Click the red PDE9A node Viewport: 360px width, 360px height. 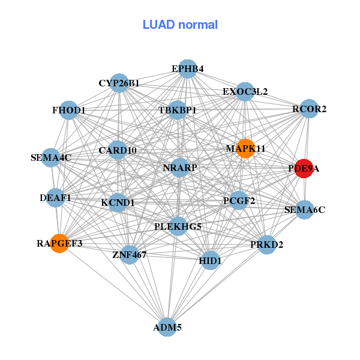[x=304, y=169]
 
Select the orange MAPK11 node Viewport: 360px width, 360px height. [x=245, y=148]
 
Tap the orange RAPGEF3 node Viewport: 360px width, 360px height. [x=59, y=244]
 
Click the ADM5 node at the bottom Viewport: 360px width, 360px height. [x=167, y=327]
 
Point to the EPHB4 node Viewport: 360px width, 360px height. [x=188, y=69]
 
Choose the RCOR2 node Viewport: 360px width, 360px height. [x=309, y=109]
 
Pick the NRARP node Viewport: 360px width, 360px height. [x=180, y=167]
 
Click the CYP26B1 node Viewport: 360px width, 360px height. [x=119, y=83]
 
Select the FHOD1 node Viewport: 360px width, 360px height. [x=69, y=110]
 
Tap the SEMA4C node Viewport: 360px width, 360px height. [x=51, y=158]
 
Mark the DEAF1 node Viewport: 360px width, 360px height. [x=56, y=197]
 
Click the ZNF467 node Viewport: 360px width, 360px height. [x=130, y=255]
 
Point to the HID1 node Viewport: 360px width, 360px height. [x=210, y=261]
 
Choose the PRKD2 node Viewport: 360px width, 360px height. [x=266, y=245]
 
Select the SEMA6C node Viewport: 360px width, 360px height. [x=305, y=210]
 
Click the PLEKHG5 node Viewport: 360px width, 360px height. [x=178, y=227]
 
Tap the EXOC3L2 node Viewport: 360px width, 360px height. [x=245, y=92]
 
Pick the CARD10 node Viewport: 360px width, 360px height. [x=118, y=150]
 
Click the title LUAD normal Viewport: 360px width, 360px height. [x=180, y=25]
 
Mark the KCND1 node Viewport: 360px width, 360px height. [x=118, y=203]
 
